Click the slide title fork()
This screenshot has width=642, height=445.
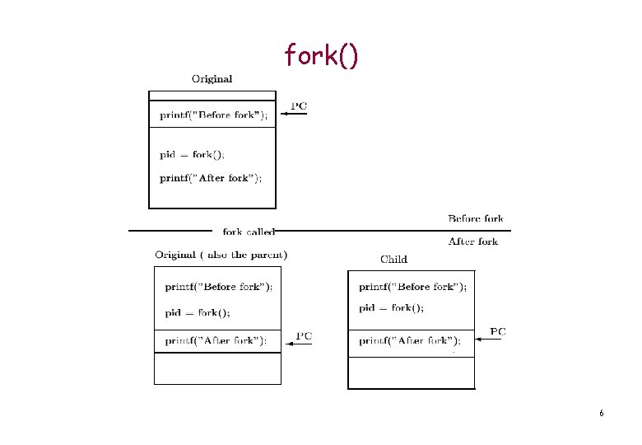tap(321, 55)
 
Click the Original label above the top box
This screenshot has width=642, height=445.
tap(212, 79)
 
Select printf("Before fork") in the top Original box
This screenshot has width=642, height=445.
tap(213, 115)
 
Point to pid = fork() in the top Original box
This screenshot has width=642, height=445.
tap(192, 155)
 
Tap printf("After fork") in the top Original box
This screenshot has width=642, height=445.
tap(211, 178)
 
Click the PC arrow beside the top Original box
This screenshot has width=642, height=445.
tap(295, 115)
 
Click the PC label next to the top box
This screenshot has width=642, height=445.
tap(300, 105)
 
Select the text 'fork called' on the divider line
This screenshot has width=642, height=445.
tap(249, 232)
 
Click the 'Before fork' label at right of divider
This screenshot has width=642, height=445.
tap(475, 219)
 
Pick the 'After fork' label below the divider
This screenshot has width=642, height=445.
tap(472, 241)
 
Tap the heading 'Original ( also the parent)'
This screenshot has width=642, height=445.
tap(221, 255)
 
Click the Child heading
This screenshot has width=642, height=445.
tap(393, 260)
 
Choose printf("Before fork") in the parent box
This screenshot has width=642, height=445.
tap(219, 288)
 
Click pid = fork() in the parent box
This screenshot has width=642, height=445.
tap(198, 313)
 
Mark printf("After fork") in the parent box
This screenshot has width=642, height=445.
tap(216, 340)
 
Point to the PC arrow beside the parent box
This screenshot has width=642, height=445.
tap(300, 344)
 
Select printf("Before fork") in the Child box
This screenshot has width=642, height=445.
tap(412, 288)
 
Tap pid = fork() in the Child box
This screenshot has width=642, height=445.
tap(392, 308)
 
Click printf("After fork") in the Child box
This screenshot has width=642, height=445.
tap(410, 340)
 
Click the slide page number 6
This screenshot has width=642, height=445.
tap(602, 413)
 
